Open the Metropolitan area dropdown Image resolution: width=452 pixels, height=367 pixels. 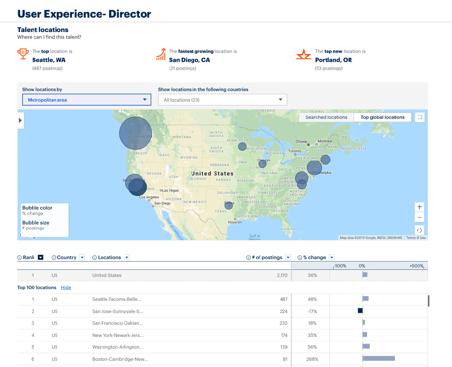tap(86, 100)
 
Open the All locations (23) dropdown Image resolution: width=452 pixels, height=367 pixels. tap(222, 100)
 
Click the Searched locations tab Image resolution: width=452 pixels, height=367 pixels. tap(326, 117)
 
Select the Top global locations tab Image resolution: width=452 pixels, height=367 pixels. tap(382, 117)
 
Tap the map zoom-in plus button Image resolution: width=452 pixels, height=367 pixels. tap(419, 207)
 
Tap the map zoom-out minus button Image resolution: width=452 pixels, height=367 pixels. tap(419, 218)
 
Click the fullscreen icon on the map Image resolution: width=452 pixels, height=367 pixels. tap(420, 117)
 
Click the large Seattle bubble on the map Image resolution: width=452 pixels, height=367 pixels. tap(136, 133)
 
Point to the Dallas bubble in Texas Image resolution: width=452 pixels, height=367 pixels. tap(229, 205)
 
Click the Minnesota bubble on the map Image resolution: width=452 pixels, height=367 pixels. tap(242, 146)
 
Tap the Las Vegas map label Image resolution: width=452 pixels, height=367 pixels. tap(170, 190)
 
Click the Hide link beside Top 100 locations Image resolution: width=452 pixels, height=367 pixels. tap(66, 288)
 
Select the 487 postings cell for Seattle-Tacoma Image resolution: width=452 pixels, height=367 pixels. tap(283, 299)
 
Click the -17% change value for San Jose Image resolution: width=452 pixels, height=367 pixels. tap(312, 311)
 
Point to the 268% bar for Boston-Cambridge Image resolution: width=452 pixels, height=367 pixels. tap(379, 358)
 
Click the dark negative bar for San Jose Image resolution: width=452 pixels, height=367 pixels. tap(360, 311)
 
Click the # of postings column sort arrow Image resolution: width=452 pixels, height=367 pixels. tap(288, 257)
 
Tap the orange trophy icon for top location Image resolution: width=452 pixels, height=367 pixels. tap(23, 54)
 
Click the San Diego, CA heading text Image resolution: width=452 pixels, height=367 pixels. tap(189, 60)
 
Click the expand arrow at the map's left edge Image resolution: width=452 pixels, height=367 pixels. tap(20, 121)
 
